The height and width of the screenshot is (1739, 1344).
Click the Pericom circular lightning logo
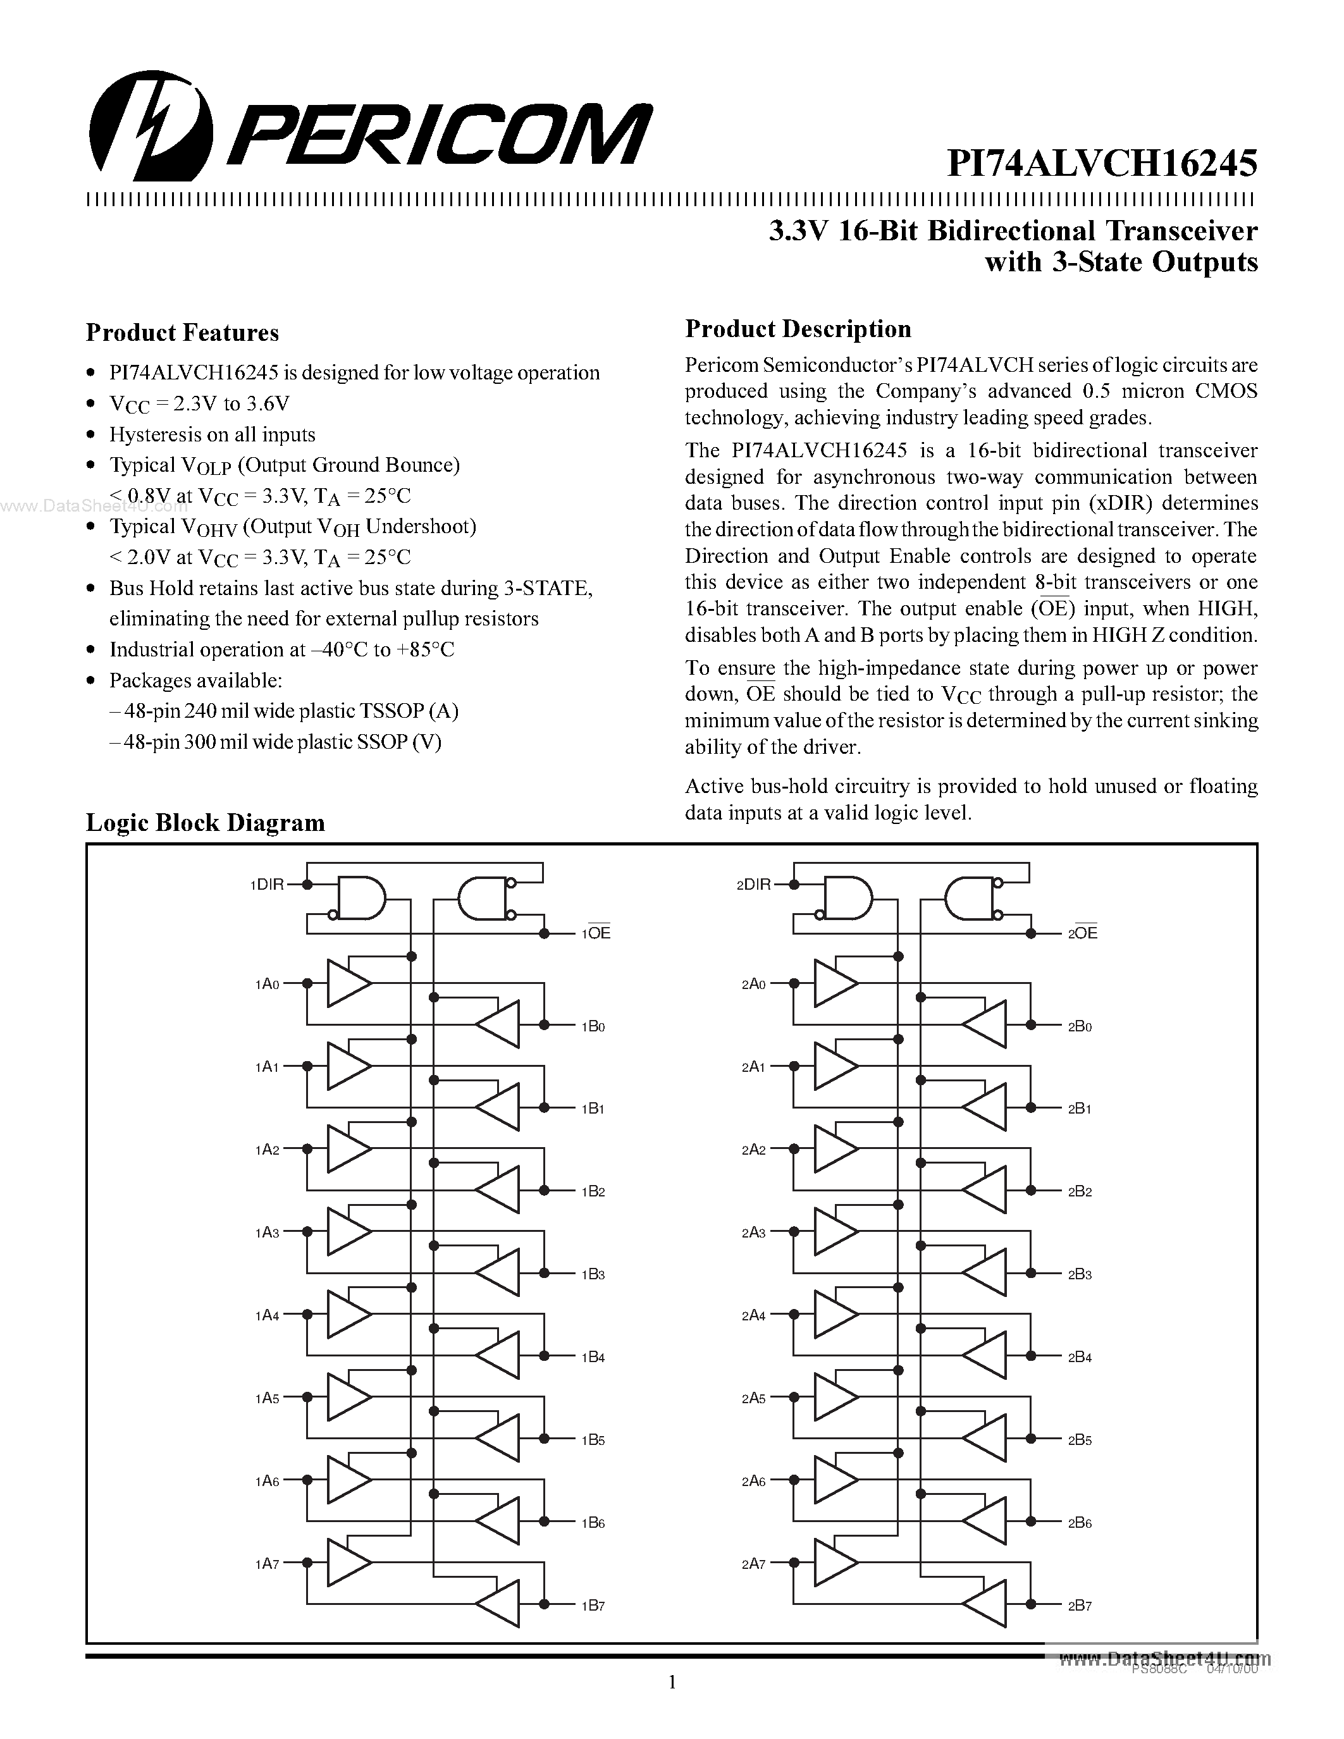point(151,126)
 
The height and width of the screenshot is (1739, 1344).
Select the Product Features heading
point(182,333)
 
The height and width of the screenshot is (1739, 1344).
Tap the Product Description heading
point(798,329)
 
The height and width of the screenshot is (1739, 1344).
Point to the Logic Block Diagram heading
point(206,823)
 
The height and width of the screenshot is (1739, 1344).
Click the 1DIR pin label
point(267,885)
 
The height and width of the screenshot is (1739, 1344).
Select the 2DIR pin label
point(753,885)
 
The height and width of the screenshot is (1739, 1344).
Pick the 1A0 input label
point(268,984)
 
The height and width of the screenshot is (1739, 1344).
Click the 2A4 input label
point(753,1315)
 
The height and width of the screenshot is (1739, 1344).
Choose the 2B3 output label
point(1080,1274)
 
